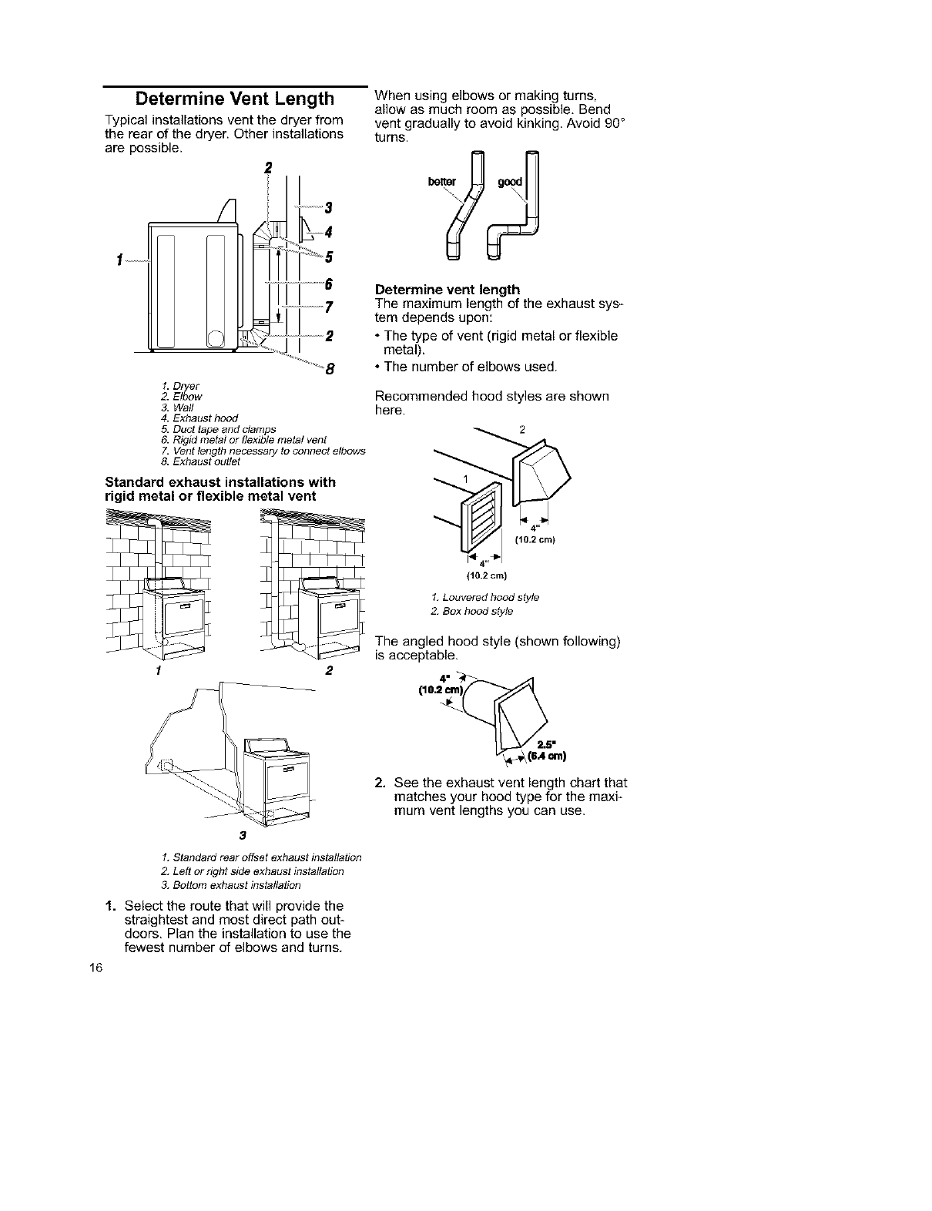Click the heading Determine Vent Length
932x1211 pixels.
tap(235, 99)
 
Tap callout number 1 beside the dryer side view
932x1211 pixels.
tap(121, 259)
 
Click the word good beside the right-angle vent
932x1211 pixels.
tap(510, 182)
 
